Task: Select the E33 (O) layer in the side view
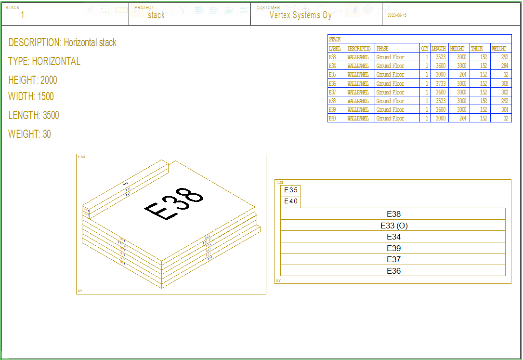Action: pyautogui.click(x=393, y=226)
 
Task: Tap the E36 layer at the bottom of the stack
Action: pyautogui.click(x=393, y=271)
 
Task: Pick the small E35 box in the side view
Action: pyautogui.click(x=290, y=190)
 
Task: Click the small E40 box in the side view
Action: pyautogui.click(x=290, y=201)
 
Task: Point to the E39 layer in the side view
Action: pyautogui.click(x=393, y=248)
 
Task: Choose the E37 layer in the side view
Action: pyautogui.click(x=393, y=260)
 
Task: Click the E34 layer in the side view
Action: pyautogui.click(x=393, y=237)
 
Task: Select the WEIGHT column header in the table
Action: pyautogui.click(x=499, y=48)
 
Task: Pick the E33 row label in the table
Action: pyautogui.click(x=332, y=57)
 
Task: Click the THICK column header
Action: pyautogui.click(x=477, y=48)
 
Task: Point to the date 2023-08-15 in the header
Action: pyautogui.click(x=397, y=15)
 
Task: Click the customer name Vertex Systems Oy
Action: pyautogui.click(x=301, y=15)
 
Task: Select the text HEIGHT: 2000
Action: pyautogui.click(x=33, y=80)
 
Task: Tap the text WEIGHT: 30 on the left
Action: pyautogui.click(x=29, y=134)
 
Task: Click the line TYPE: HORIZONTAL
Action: pyautogui.click(x=44, y=61)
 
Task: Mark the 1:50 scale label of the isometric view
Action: pyautogui.click(x=81, y=157)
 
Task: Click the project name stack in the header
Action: pyautogui.click(x=156, y=15)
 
